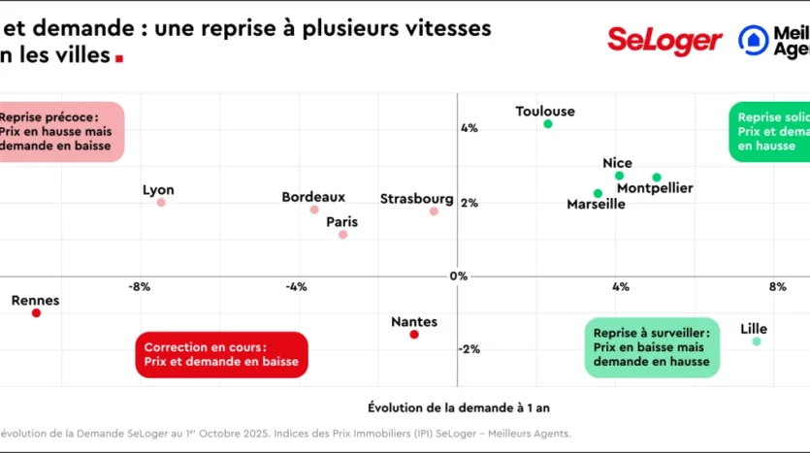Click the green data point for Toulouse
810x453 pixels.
[x=548, y=124]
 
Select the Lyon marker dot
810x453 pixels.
[x=161, y=203]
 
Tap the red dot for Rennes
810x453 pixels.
[x=36, y=313]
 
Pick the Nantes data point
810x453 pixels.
[x=414, y=335]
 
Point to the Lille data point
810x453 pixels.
[x=757, y=341]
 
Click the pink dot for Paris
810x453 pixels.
[x=342, y=235]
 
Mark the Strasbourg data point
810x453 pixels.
[x=434, y=211]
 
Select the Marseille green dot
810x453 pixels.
[x=598, y=193]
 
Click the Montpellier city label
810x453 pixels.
[x=655, y=188]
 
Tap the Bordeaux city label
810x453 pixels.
[x=313, y=197]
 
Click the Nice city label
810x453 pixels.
[x=617, y=163]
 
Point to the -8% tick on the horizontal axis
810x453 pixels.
[x=139, y=286]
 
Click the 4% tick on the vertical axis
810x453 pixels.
[x=469, y=128]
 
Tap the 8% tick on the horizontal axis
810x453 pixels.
[x=777, y=286]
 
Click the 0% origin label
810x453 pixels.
[x=459, y=276]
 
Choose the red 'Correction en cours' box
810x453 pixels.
[x=221, y=355]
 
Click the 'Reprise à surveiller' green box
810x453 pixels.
[x=652, y=347]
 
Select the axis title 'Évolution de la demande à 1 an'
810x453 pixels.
[x=458, y=406]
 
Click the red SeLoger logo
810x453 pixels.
[x=664, y=41]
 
